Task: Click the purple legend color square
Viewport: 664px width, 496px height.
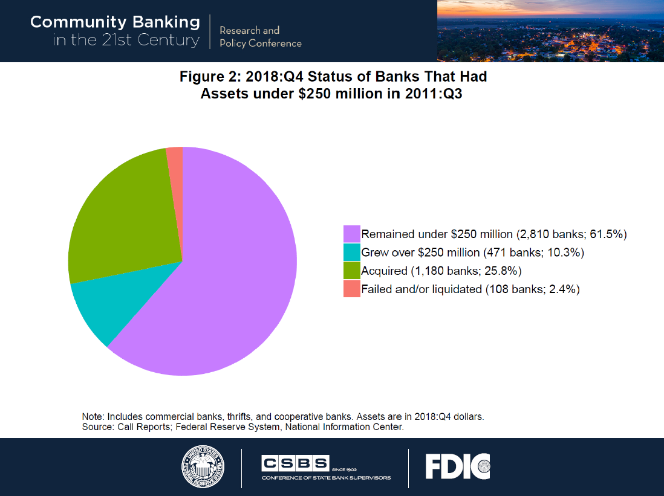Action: tap(351, 234)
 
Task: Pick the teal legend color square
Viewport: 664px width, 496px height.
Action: tap(351, 252)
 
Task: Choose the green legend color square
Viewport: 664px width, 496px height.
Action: tap(351, 271)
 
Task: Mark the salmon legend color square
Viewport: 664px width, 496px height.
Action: tap(351, 289)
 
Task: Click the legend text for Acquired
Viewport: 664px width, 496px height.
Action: tap(384, 271)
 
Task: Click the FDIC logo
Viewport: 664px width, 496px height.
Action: tap(457, 466)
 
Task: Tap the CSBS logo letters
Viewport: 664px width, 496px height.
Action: tap(295, 464)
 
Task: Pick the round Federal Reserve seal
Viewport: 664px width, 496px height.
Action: tap(203, 467)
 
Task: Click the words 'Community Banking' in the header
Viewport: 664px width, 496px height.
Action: tap(115, 22)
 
